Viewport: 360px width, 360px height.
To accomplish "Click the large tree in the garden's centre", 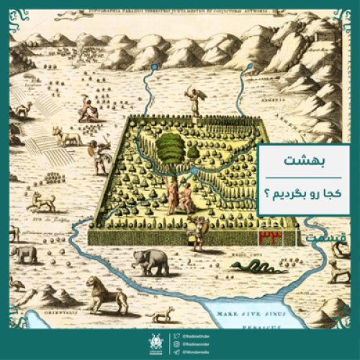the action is point(170,150).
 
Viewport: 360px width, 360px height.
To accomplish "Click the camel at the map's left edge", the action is point(24,109).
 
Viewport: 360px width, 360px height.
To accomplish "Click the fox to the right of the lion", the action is point(161,312).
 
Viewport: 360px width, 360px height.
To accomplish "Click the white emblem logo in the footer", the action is point(155,343).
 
